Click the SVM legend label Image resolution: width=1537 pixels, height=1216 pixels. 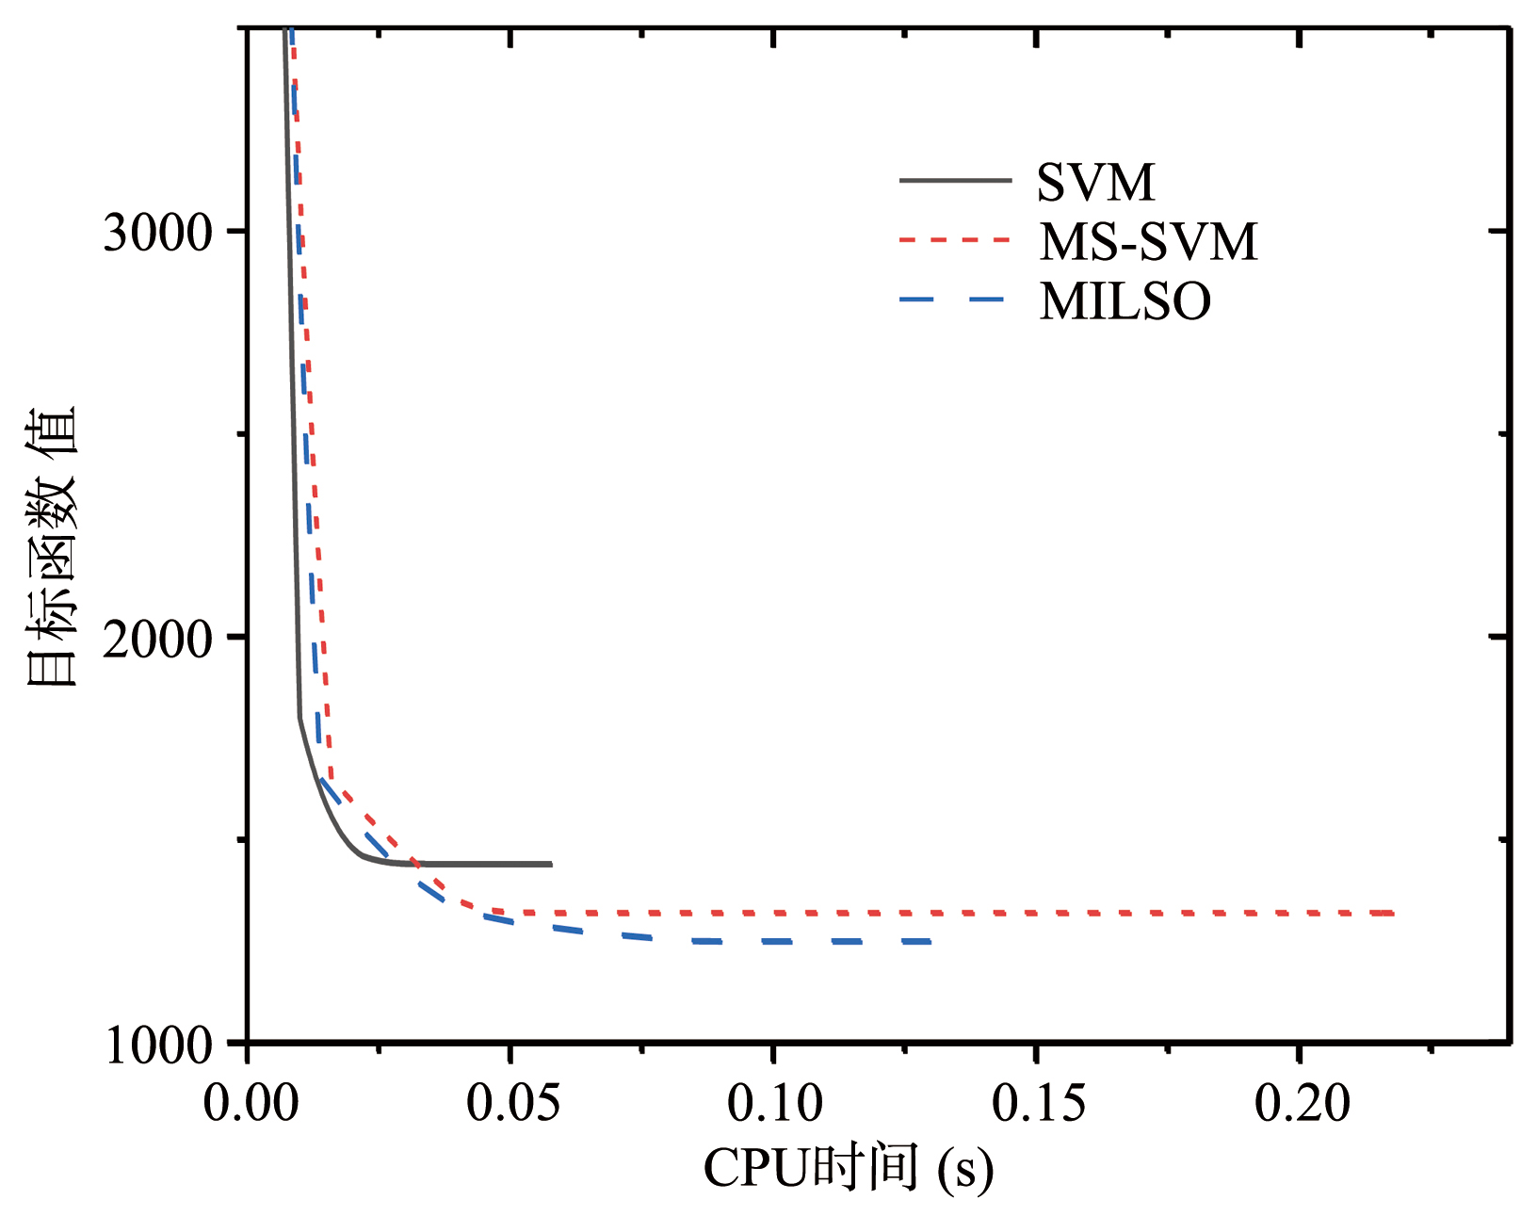pyautogui.click(x=1095, y=183)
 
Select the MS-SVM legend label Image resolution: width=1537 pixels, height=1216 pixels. pyautogui.click(x=1148, y=242)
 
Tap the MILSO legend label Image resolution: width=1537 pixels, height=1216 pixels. pyautogui.click(x=1124, y=301)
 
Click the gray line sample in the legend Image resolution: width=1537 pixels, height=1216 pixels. pyautogui.click(x=955, y=181)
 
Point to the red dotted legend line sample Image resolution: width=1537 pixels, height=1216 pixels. pyautogui.click(x=955, y=240)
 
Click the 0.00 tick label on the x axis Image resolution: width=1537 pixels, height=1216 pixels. pyautogui.click(x=250, y=1103)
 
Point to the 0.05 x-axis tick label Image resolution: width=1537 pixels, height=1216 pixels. pyautogui.click(x=512, y=1103)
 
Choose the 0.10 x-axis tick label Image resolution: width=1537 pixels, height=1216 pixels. pyautogui.click(x=774, y=1103)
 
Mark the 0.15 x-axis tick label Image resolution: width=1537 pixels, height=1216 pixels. pyautogui.click(x=1038, y=1103)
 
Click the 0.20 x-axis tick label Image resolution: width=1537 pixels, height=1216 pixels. pyautogui.click(x=1301, y=1103)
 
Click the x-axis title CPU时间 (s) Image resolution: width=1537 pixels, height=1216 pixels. pyautogui.click(x=848, y=1169)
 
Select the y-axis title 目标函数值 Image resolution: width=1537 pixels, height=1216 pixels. pyautogui.click(x=51, y=546)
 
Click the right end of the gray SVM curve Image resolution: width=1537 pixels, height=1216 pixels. pyautogui.click(x=551, y=864)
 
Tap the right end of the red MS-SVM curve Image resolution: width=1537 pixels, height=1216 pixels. pyautogui.click(x=1392, y=913)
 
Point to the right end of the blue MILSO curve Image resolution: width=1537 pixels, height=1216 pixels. pyautogui.click(x=930, y=941)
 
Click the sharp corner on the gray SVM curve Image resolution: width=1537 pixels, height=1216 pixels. pyautogui.click(x=299, y=718)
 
